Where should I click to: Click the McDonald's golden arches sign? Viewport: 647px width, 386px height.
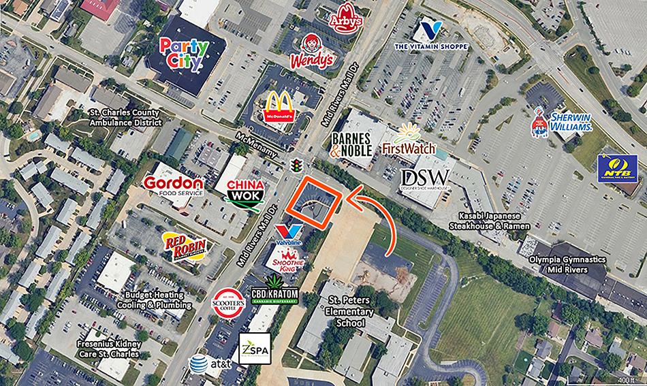[x=279, y=108]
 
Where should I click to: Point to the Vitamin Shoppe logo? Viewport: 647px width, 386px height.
[x=431, y=35]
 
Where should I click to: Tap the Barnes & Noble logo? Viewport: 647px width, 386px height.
[x=352, y=145]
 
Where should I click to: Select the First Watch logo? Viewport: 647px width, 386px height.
[x=408, y=141]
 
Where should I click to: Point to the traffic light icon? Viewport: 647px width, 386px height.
[x=296, y=165]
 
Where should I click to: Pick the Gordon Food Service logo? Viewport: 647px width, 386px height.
[x=173, y=187]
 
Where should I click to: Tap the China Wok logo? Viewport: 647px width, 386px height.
[x=245, y=193]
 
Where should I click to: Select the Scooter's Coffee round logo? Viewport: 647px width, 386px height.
[x=229, y=302]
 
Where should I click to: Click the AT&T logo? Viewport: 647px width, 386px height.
[x=210, y=365]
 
